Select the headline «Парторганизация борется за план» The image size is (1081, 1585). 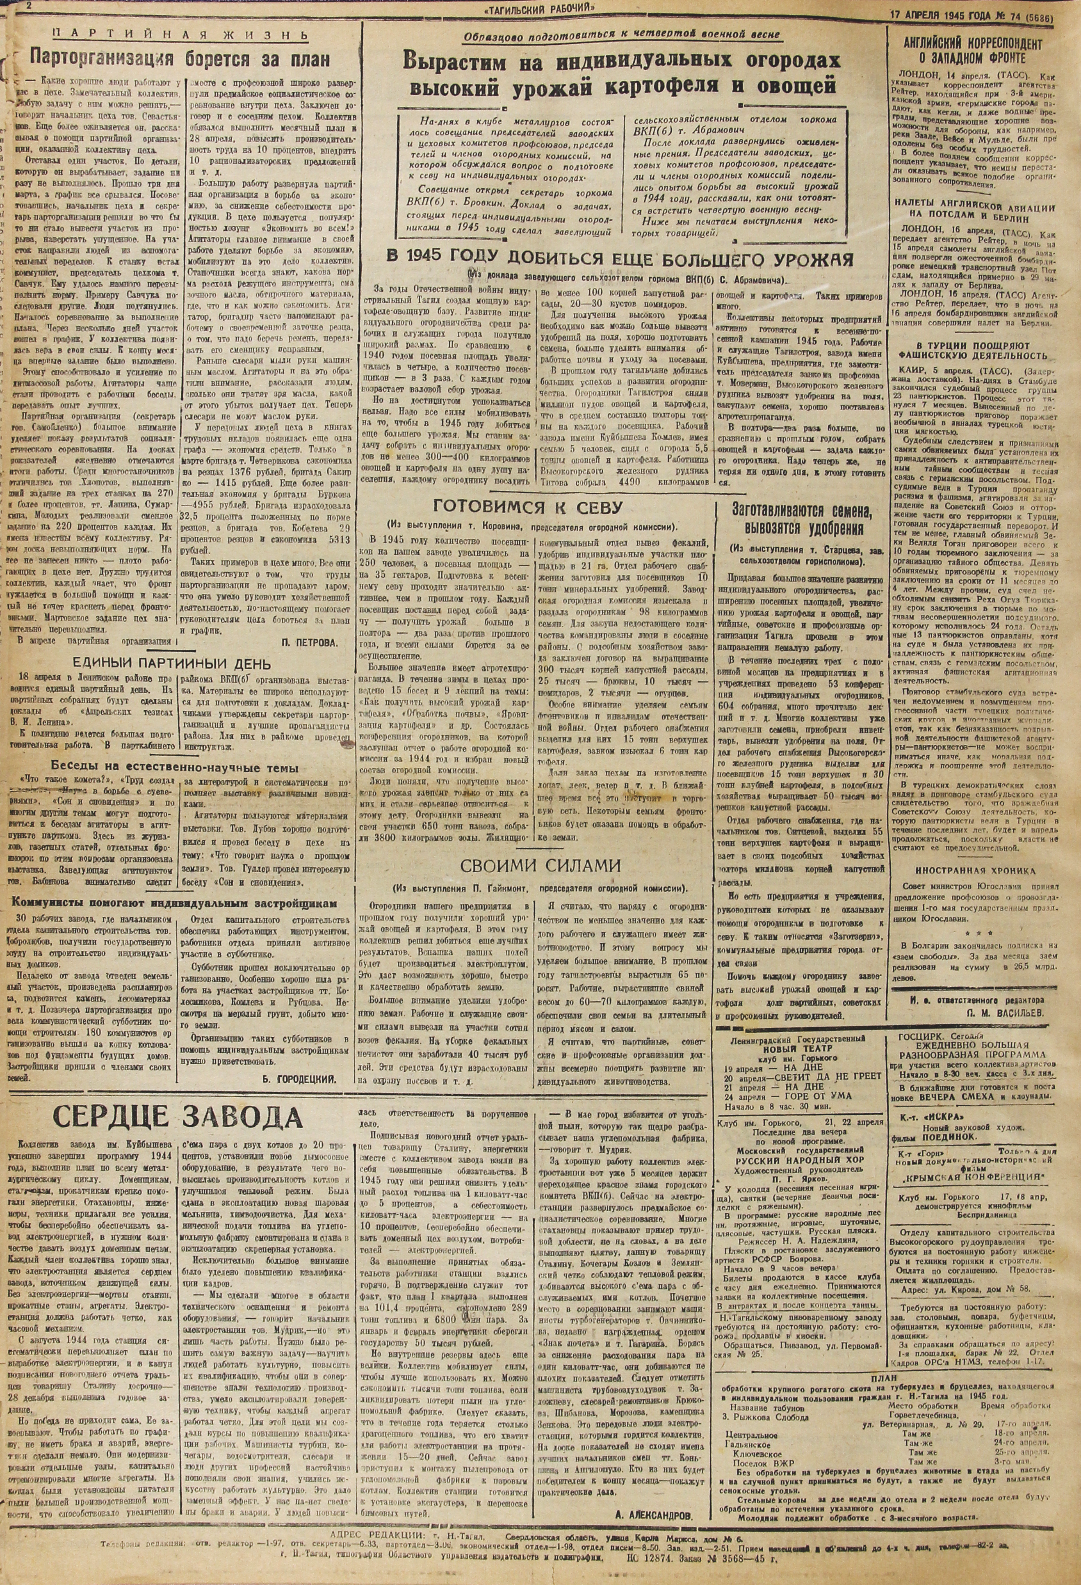[x=182, y=59]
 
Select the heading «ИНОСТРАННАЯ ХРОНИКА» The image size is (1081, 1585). [x=985, y=870]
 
